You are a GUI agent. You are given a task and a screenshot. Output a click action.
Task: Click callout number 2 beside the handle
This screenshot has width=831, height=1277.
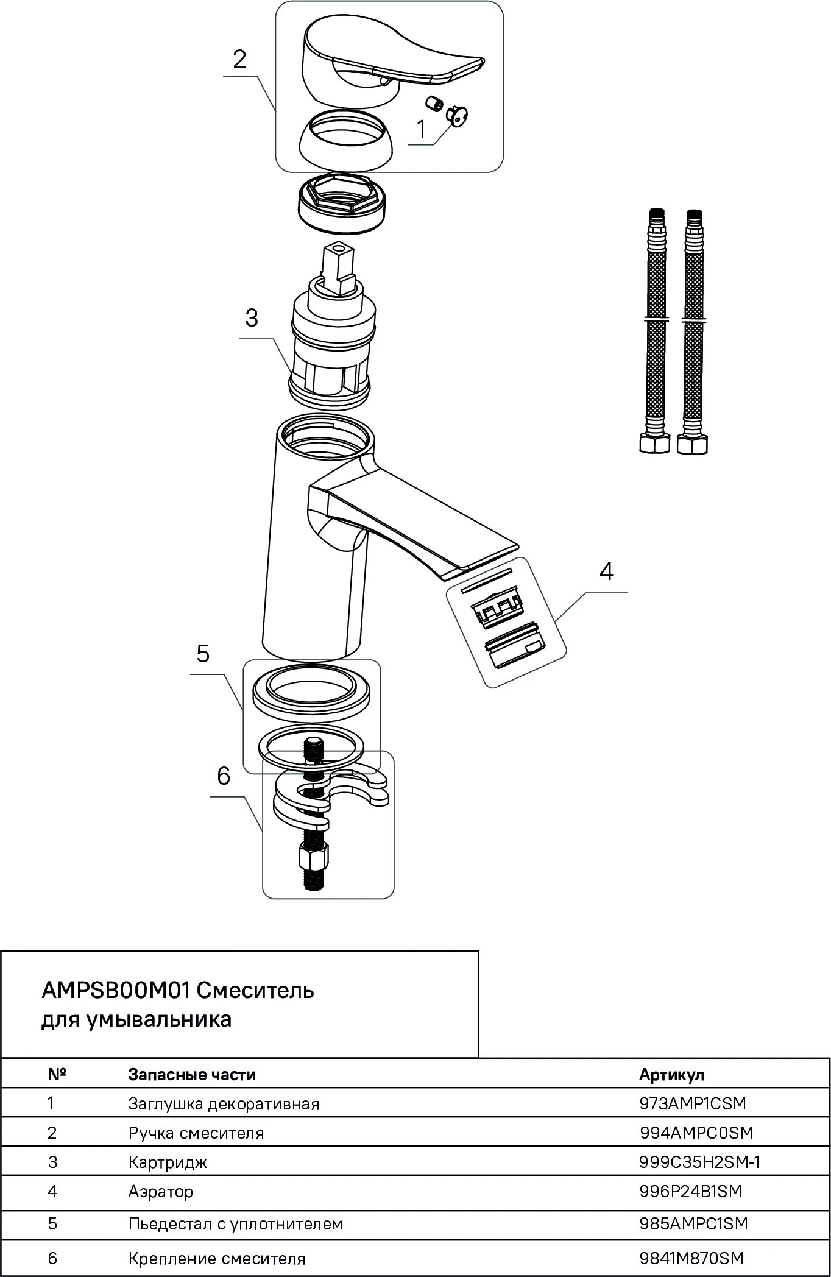(x=239, y=60)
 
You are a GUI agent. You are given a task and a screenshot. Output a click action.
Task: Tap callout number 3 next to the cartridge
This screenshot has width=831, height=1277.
(x=251, y=318)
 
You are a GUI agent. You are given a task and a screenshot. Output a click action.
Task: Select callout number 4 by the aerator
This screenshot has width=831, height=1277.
(x=606, y=571)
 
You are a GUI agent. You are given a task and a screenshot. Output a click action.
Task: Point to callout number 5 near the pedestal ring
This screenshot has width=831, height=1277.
(x=203, y=654)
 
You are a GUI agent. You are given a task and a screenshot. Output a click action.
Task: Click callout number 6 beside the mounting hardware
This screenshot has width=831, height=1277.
(x=224, y=776)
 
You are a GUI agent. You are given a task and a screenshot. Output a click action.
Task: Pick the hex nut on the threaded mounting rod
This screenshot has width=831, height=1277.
(x=314, y=859)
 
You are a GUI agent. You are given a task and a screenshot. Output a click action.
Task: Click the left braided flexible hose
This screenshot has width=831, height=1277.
(x=655, y=329)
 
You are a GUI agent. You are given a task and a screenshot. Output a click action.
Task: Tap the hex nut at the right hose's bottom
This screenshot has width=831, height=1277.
(x=693, y=444)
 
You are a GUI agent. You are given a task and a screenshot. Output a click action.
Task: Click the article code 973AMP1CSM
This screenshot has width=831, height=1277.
(x=693, y=1103)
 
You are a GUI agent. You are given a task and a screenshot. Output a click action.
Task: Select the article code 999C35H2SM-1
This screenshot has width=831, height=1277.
(x=699, y=1162)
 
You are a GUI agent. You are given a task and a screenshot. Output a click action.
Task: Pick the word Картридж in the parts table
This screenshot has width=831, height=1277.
(x=168, y=1162)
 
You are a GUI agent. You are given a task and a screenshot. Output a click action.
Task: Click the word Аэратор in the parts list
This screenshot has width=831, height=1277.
(x=161, y=1191)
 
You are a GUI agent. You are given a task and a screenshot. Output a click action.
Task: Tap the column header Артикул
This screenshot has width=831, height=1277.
(x=671, y=1074)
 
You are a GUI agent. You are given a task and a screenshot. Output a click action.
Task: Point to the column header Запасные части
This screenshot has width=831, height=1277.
(x=192, y=1074)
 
